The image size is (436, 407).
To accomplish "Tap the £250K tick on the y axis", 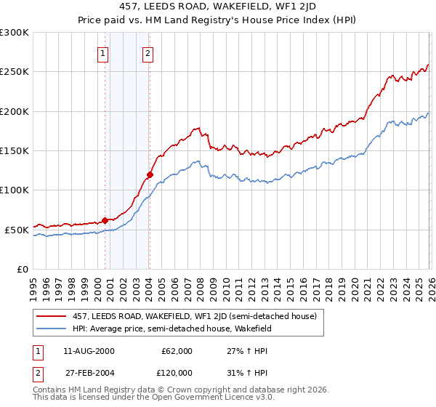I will pyautogui.click(x=15, y=72).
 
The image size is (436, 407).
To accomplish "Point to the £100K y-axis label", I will pyautogui.click(x=15, y=190).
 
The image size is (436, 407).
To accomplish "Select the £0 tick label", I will pyautogui.click(x=22, y=269).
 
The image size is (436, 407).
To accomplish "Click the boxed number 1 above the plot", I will pyautogui.click(x=102, y=53).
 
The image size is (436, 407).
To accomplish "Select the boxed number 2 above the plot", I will pyautogui.click(x=147, y=53).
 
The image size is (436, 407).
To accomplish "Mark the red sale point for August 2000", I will pyautogui.click(x=105, y=219).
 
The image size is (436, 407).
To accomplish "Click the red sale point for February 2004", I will pyautogui.click(x=150, y=174).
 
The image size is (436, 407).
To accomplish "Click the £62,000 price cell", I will pyautogui.click(x=177, y=350).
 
